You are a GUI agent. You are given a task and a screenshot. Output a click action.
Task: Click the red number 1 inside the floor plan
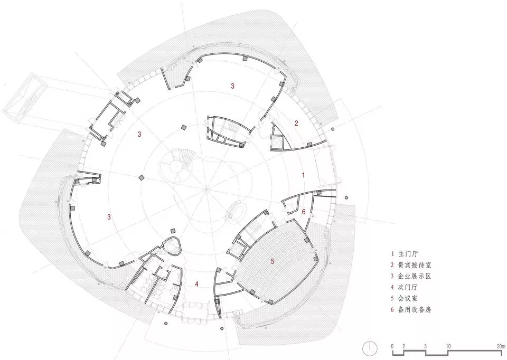(x=303, y=174)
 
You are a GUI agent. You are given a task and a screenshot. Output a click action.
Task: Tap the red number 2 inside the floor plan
(x=296, y=124)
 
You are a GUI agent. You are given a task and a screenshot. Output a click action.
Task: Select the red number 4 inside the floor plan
(x=196, y=285)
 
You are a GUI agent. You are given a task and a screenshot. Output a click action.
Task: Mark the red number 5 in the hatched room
(x=273, y=261)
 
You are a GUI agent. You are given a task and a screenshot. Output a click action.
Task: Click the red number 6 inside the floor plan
(x=304, y=211)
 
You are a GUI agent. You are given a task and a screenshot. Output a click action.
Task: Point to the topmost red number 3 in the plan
(x=232, y=85)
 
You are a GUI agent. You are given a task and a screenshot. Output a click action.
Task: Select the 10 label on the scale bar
(x=448, y=346)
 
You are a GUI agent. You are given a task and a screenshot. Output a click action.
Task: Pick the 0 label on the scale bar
(x=392, y=346)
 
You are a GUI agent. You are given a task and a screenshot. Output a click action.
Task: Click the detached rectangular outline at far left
(x=24, y=101)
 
